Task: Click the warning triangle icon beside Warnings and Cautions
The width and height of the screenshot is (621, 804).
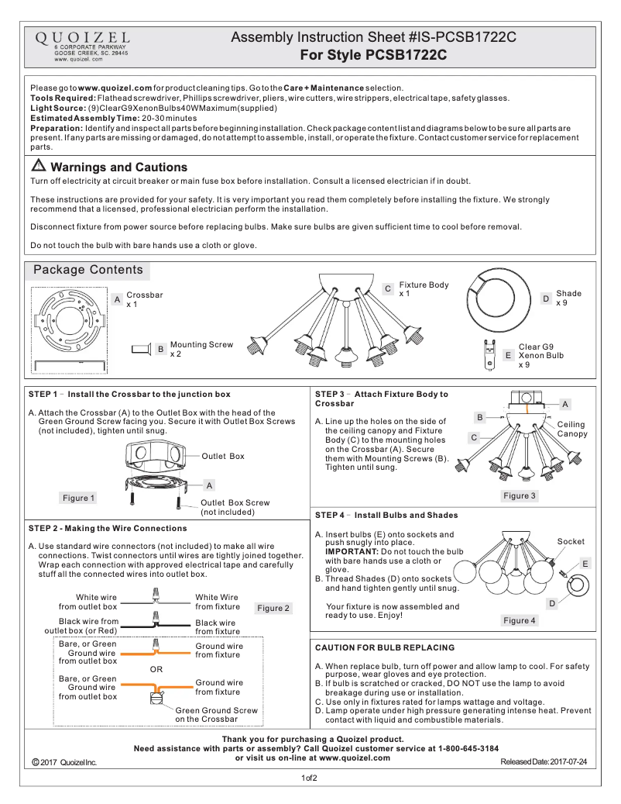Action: click(38, 167)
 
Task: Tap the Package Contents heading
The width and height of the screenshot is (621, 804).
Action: click(87, 271)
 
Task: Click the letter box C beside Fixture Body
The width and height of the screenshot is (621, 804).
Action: click(388, 288)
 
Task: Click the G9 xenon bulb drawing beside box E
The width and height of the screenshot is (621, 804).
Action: click(489, 355)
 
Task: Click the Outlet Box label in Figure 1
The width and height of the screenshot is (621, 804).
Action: click(222, 456)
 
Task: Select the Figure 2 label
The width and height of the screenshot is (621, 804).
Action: click(273, 608)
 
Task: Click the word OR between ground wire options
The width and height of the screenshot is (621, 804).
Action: click(156, 668)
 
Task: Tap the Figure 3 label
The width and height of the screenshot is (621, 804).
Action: click(519, 495)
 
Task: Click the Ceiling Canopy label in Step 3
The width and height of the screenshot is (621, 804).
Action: click(572, 429)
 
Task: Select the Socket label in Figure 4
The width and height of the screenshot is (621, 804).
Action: click(571, 541)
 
